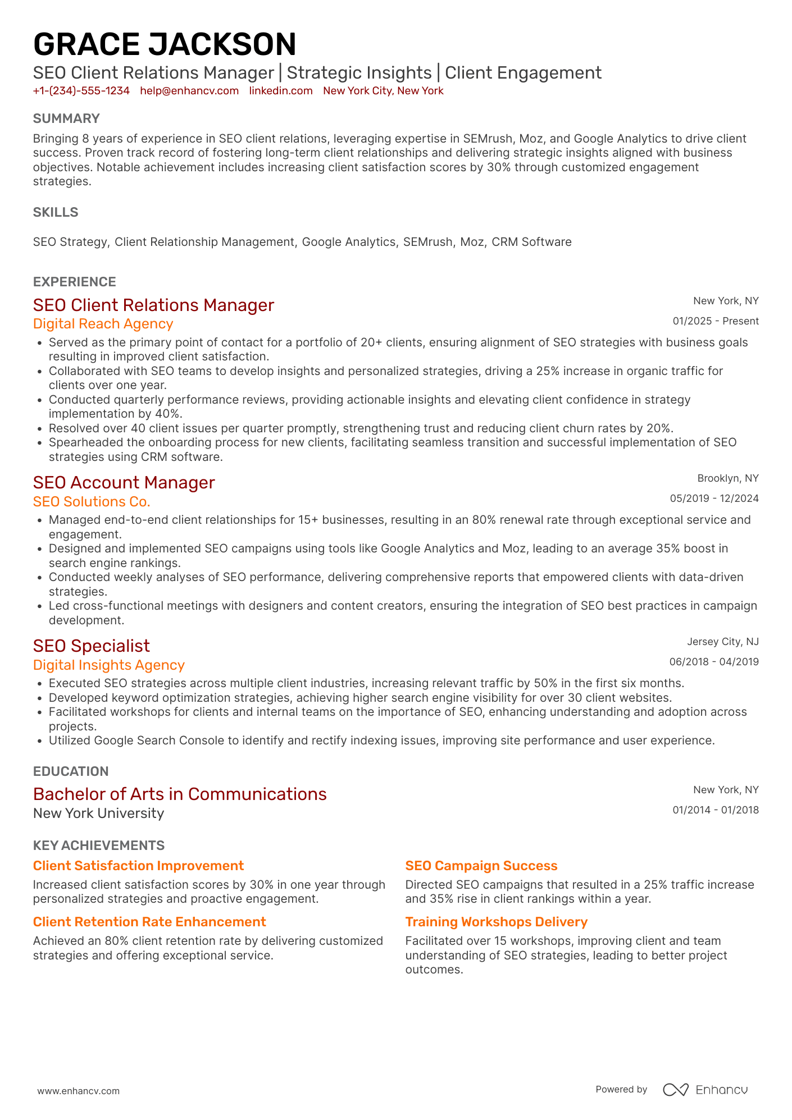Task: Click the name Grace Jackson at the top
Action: [165, 45]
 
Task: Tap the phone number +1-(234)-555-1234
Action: [81, 91]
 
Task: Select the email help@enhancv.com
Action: [189, 91]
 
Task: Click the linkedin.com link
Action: [281, 91]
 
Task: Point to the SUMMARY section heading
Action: [66, 118]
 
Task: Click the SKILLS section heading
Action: [56, 212]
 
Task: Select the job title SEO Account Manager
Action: [124, 483]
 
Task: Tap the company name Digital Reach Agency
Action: [103, 324]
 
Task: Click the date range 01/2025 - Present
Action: [716, 321]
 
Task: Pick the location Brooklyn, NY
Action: [728, 478]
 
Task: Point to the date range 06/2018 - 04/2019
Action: [714, 662]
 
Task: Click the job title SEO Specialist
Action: [92, 646]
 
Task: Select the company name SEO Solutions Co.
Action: [92, 502]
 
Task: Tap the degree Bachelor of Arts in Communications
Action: [180, 794]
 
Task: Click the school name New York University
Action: [99, 813]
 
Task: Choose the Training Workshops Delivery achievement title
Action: [497, 922]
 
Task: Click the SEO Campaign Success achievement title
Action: [481, 866]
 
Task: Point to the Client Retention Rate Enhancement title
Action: [149, 922]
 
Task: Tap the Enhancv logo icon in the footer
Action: [675, 1090]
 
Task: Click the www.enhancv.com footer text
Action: [79, 1091]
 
